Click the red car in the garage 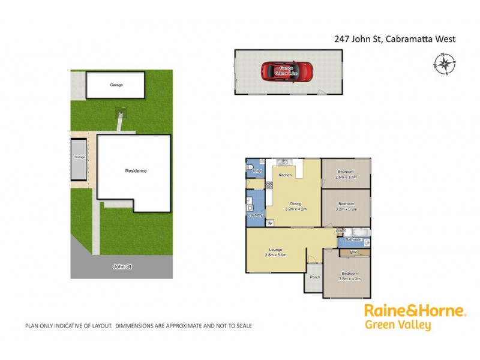tap(287, 71)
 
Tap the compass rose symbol tap(445, 64)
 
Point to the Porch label tap(314, 277)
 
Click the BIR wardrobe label tap(353, 253)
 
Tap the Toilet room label tap(257, 172)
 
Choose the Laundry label tap(253, 215)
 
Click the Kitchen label tap(285, 175)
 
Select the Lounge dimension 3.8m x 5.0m tap(276, 255)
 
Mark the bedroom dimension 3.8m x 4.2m tap(347, 278)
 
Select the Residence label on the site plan tap(136, 171)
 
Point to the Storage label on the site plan tap(80, 157)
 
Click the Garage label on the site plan tap(116, 85)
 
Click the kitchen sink tap(283, 161)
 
